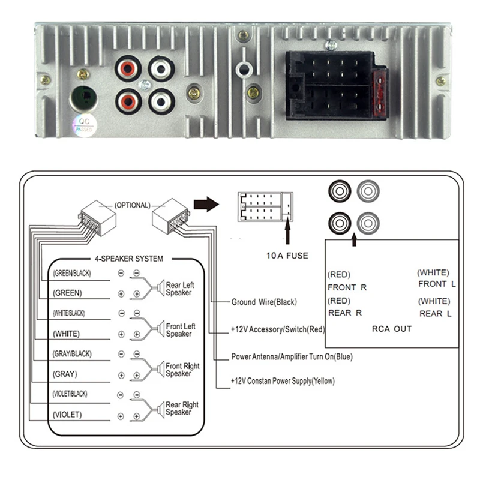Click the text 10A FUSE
click(x=287, y=256)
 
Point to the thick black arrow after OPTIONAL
click(x=207, y=205)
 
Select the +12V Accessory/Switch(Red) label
click(x=278, y=329)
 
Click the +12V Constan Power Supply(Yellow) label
click(x=283, y=381)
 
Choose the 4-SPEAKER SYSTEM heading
click(x=128, y=259)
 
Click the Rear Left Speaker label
click(x=179, y=289)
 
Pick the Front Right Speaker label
click(x=182, y=370)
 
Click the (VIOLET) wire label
click(x=67, y=415)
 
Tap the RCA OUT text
click(x=391, y=328)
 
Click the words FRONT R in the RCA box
click(x=347, y=287)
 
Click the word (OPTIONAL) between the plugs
click(x=132, y=205)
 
